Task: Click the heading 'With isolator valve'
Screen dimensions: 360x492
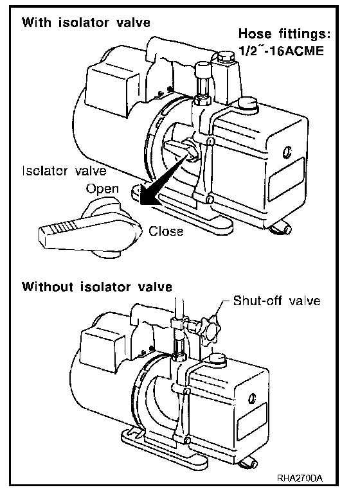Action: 85,22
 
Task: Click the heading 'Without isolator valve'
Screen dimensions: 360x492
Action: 97,287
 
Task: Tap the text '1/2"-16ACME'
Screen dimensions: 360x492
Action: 281,51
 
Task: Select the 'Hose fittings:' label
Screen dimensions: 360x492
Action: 284,33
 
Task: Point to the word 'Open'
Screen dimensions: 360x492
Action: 102,189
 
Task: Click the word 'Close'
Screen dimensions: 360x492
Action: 166,231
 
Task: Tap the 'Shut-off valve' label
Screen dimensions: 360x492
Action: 276,301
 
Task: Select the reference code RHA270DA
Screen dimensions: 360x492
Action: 300,479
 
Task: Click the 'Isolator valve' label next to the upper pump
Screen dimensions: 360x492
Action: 64,171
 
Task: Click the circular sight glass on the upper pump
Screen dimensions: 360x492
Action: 287,152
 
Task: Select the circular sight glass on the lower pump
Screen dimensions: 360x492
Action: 252,398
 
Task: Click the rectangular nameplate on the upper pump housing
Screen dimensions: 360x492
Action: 287,179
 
